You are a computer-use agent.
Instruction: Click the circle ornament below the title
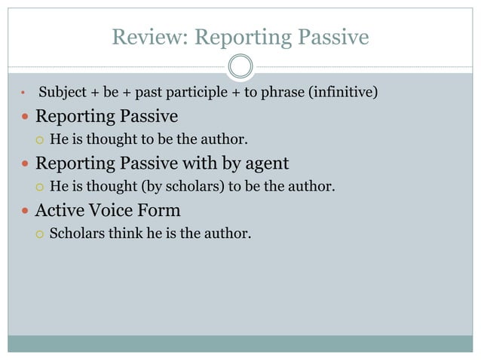click(x=240, y=66)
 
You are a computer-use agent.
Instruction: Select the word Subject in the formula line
click(x=63, y=93)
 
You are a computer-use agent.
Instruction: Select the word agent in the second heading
click(x=263, y=163)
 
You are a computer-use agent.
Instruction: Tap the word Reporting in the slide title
click(x=237, y=36)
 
